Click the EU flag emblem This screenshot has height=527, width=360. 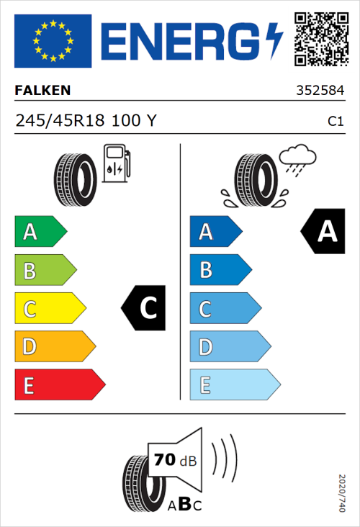[x=53, y=40]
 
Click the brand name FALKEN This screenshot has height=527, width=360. [x=43, y=91]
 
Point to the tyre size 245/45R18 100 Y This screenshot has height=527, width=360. [x=85, y=122]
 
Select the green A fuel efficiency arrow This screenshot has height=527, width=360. [x=40, y=232]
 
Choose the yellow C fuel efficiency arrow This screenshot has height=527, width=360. [x=49, y=309]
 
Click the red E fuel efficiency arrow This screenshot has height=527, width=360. [x=59, y=385]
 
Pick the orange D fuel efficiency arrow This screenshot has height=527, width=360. [x=54, y=347]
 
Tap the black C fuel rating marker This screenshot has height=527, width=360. [x=145, y=309]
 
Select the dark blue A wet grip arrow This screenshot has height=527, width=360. [x=215, y=232]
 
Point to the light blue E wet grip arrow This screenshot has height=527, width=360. [x=234, y=385]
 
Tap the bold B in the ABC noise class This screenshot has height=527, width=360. [x=184, y=505]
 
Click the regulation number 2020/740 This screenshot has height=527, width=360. [x=342, y=493]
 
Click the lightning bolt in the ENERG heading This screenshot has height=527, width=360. [x=274, y=40]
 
